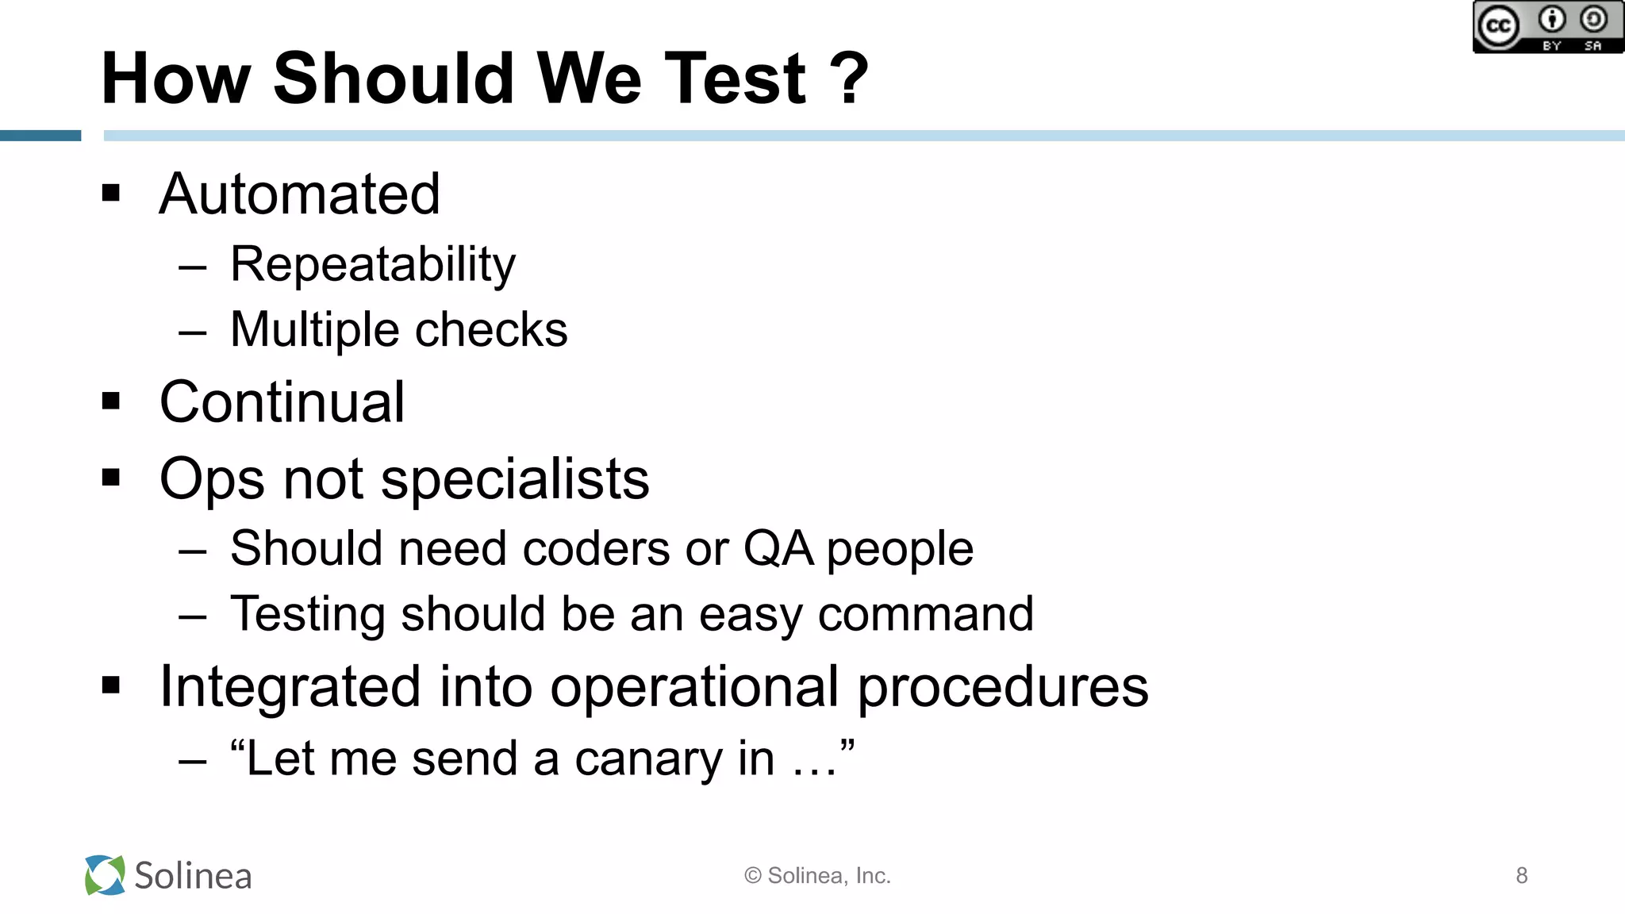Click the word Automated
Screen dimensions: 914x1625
coord(299,194)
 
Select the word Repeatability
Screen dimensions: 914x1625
coord(372,264)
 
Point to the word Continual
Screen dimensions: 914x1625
coord(282,402)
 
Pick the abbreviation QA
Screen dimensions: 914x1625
coord(778,548)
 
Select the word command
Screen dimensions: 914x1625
coord(925,614)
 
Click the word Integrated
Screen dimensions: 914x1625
coord(290,686)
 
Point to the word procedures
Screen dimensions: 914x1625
coord(1003,688)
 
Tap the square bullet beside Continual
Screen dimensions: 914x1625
coord(111,401)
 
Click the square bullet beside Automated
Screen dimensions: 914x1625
coord(111,193)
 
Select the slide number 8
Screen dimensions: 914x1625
coord(1521,875)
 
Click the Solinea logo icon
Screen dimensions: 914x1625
coord(105,875)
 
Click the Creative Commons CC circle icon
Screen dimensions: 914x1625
coord(1497,27)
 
